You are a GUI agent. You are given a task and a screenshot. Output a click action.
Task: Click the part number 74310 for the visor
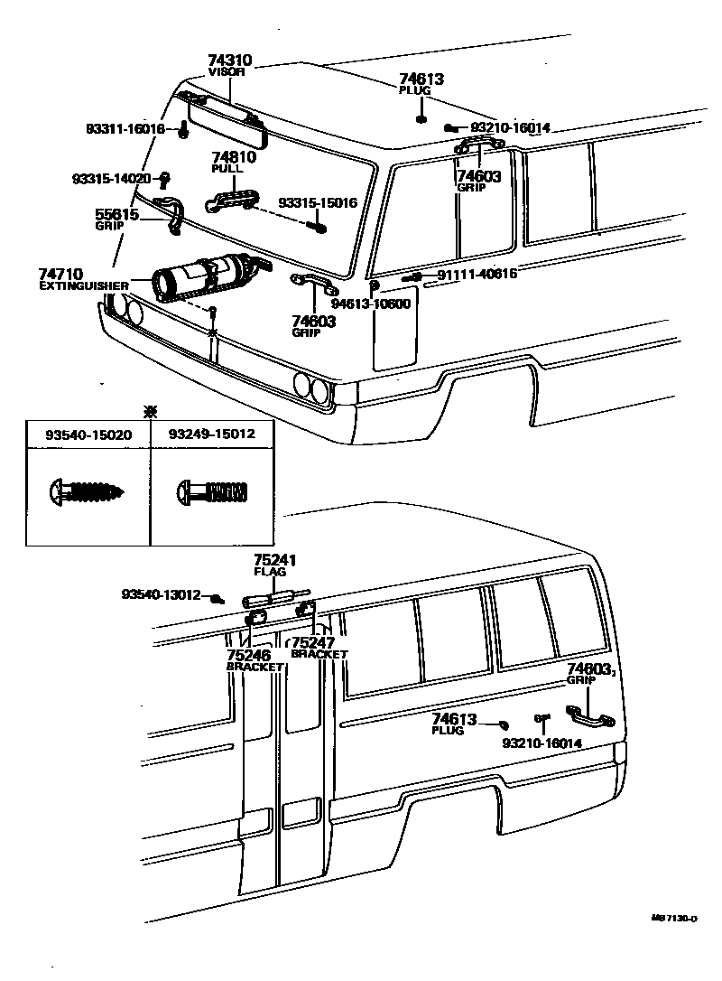tap(229, 61)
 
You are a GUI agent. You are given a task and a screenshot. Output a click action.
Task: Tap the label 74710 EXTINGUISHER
tap(83, 278)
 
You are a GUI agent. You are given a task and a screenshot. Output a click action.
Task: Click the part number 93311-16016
tap(125, 130)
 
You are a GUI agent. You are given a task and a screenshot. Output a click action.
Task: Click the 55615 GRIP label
tap(117, 219)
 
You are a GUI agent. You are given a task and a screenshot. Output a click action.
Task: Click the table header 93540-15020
tap(88, 434)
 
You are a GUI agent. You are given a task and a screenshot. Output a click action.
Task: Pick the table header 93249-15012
tap(211, 434)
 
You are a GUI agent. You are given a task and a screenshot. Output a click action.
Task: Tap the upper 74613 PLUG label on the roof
tap(421, 84)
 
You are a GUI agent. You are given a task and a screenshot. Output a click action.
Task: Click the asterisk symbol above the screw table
tap(151, 411)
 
